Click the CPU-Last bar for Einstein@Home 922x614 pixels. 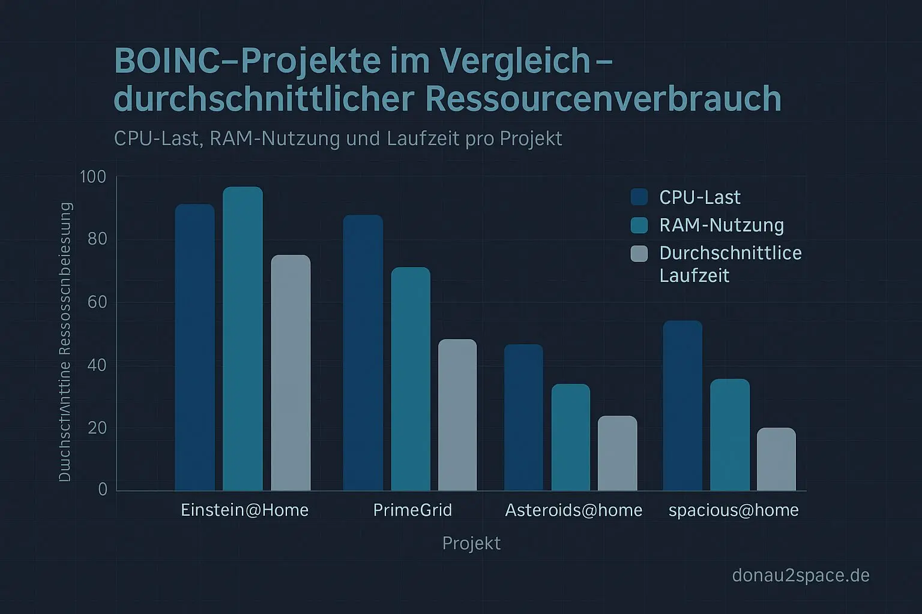194,348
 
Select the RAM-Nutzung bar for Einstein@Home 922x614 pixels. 243,339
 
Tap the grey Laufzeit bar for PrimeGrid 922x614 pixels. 457,415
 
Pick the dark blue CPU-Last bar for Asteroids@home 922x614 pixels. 523,417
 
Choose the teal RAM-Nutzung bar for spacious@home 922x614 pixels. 730,435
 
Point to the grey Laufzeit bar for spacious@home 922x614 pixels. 776,459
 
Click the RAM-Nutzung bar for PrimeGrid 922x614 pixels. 411,379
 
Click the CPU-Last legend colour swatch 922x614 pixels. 639,197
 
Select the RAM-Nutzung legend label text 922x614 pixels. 722,225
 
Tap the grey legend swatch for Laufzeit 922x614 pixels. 639,254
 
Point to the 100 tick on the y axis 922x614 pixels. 92,177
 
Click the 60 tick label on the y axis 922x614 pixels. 97,302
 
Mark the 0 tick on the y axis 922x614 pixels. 103,489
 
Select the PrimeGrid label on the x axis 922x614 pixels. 412,510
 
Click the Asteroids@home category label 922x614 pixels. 573,510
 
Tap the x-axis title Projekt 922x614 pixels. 471,543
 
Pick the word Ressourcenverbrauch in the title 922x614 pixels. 603,99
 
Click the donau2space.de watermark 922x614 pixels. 801,576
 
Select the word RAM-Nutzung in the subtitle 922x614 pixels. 276,139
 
